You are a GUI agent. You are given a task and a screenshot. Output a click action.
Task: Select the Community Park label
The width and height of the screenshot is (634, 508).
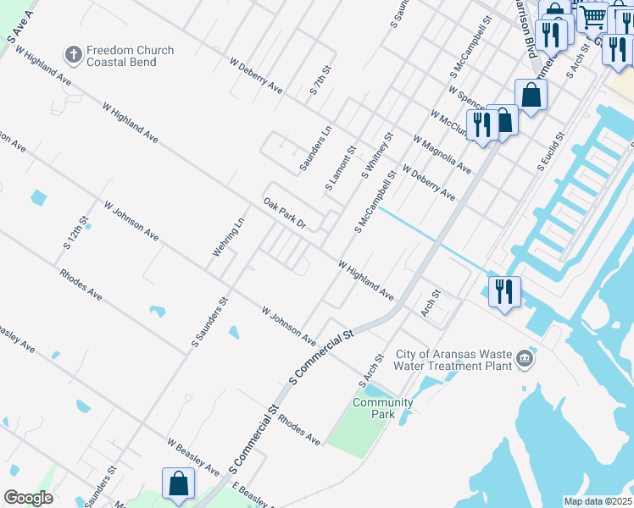382,409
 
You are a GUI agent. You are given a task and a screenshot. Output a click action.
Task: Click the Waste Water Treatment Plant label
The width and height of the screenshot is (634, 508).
455,361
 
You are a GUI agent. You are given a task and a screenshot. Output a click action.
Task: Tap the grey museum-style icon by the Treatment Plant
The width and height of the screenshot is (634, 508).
526,359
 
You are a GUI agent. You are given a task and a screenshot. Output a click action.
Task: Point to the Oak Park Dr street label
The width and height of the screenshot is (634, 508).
284,214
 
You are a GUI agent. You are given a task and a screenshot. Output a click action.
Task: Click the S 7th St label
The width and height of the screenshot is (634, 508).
320,79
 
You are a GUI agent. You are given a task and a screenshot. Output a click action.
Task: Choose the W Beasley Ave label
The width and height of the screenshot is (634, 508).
194,457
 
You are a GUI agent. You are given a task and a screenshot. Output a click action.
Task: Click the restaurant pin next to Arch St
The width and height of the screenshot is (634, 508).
504,292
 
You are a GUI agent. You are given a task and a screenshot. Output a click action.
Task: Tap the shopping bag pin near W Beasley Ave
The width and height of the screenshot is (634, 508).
179,485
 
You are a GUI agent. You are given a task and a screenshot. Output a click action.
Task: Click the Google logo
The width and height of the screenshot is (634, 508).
28,498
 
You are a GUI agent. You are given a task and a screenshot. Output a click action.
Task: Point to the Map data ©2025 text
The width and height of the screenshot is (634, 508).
598,501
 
